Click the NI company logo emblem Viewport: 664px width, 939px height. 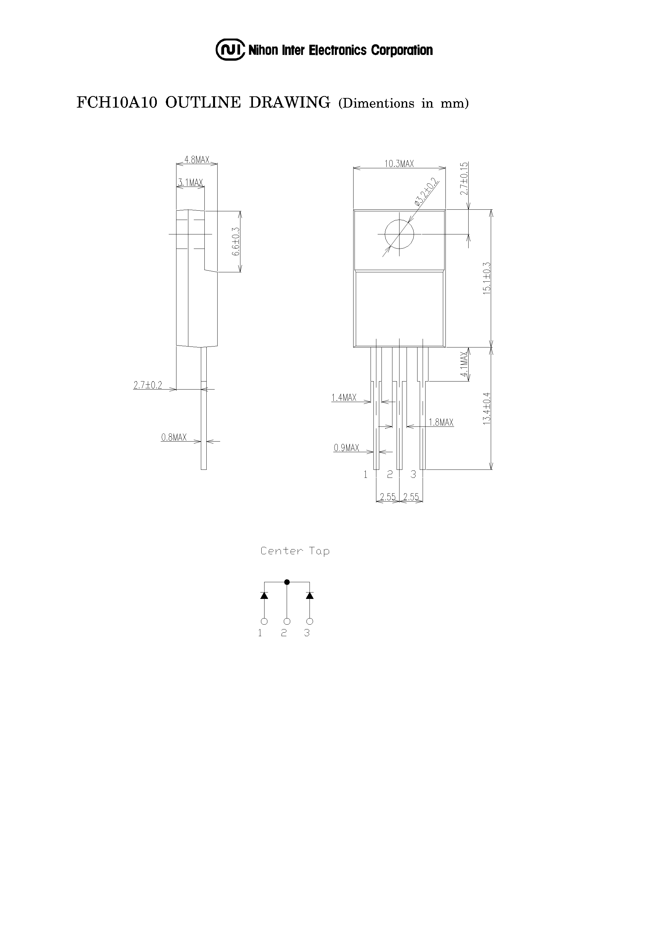click(230, 50)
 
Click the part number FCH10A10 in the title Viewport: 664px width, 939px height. click(117, 102)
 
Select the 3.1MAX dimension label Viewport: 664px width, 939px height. click(190, 182)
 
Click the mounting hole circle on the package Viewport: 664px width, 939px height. click(399, 234)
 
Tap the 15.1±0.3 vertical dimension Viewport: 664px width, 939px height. click(486, 278)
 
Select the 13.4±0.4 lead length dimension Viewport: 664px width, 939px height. click(486, 408)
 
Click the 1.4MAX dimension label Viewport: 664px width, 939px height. click(344, 398)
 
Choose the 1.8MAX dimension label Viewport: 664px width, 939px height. click(441, 423)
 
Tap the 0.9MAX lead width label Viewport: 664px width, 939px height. click(346, 448)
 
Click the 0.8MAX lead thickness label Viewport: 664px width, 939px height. click(174, 438)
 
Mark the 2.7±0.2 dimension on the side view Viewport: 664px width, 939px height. click(148, 385)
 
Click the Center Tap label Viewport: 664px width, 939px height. click(295, 551)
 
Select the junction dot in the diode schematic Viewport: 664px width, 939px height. click(287, 582)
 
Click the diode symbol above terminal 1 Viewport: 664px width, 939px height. click(264, 595)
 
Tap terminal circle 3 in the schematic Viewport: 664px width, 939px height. click(310, 621)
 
